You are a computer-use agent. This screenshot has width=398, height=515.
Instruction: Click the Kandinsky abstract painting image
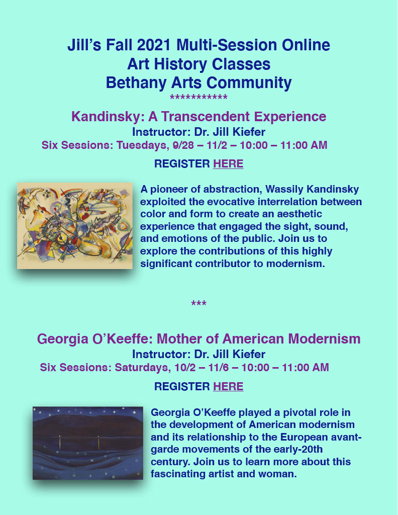point(75,226)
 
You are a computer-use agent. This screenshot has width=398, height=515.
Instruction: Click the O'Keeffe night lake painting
point(88,443)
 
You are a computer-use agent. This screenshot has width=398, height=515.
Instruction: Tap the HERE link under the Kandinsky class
point(228,163)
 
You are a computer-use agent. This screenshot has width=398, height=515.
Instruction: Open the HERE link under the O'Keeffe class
point(228,386)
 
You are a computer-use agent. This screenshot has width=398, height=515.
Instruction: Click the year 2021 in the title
point(155,45)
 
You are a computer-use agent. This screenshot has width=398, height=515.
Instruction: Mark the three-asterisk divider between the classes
point(199,304)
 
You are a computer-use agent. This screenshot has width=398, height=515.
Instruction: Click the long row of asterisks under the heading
point(199,98)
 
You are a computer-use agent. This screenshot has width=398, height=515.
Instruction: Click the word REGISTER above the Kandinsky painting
point(182,163)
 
